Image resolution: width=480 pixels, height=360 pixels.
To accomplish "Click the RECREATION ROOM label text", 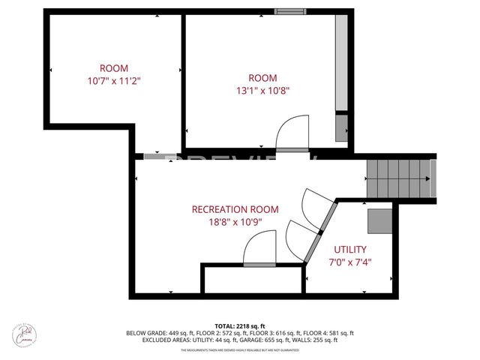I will pyautogui.click(x=235, y=209).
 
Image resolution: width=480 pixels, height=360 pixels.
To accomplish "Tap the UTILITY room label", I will pyautogui.click(x=350, y=249).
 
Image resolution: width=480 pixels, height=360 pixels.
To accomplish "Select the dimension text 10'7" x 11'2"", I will pyautogui.click(x=115, y=79).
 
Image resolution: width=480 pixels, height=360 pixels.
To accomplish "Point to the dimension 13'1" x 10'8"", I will pyautogui.click(x=262, y=91).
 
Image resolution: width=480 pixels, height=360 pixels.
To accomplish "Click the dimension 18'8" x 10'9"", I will pyautogui.click(x=235, y=222).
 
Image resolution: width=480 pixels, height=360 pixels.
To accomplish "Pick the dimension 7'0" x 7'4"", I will pyautogui.click(x=350, y=262).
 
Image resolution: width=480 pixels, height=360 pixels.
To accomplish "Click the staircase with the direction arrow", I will pyautogui.click(x=397, y=178).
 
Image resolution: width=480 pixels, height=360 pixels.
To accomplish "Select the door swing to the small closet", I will pyautogui.click(x=259, y=248).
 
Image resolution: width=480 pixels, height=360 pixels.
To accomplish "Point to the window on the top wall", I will pyautogui.click(x=285, y=11).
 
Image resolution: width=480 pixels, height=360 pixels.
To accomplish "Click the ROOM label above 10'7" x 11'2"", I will pyautogui.click(x=115, y=66).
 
